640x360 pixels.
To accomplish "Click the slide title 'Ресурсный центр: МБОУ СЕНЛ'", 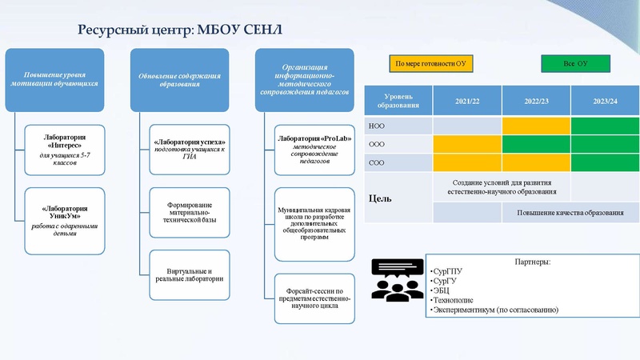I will tap(179, 30).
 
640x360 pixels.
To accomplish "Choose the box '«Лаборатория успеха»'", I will tap(190, 149).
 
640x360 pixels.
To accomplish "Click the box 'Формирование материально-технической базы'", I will tap(190, 211).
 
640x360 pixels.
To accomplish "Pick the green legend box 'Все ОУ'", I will tap(574, 63).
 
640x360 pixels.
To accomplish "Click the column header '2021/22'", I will tap(467, 101).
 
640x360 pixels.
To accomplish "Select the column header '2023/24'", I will tap(606, 101).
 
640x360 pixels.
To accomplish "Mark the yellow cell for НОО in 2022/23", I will tap(536, 126).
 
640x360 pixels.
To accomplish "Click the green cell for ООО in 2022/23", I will tap(536, 144).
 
